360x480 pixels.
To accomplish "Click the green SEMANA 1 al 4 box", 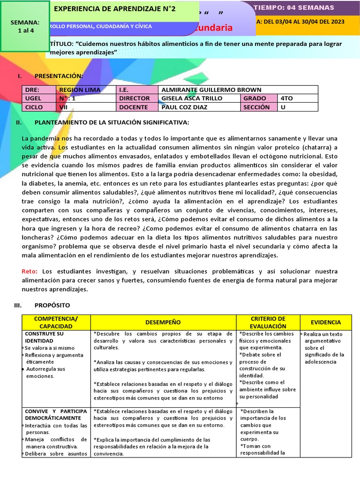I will (25, 26).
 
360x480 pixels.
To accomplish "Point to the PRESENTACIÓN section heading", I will (59, 76).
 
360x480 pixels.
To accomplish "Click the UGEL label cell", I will (34, 98).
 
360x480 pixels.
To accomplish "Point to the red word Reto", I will (30, 271).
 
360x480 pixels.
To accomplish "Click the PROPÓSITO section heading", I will (52, 305).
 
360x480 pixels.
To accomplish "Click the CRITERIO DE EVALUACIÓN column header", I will (268, 322).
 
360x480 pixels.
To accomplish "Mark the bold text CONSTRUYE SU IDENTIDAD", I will (44, 337).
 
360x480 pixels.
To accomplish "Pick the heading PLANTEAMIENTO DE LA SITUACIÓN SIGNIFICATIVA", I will (112, 122).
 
